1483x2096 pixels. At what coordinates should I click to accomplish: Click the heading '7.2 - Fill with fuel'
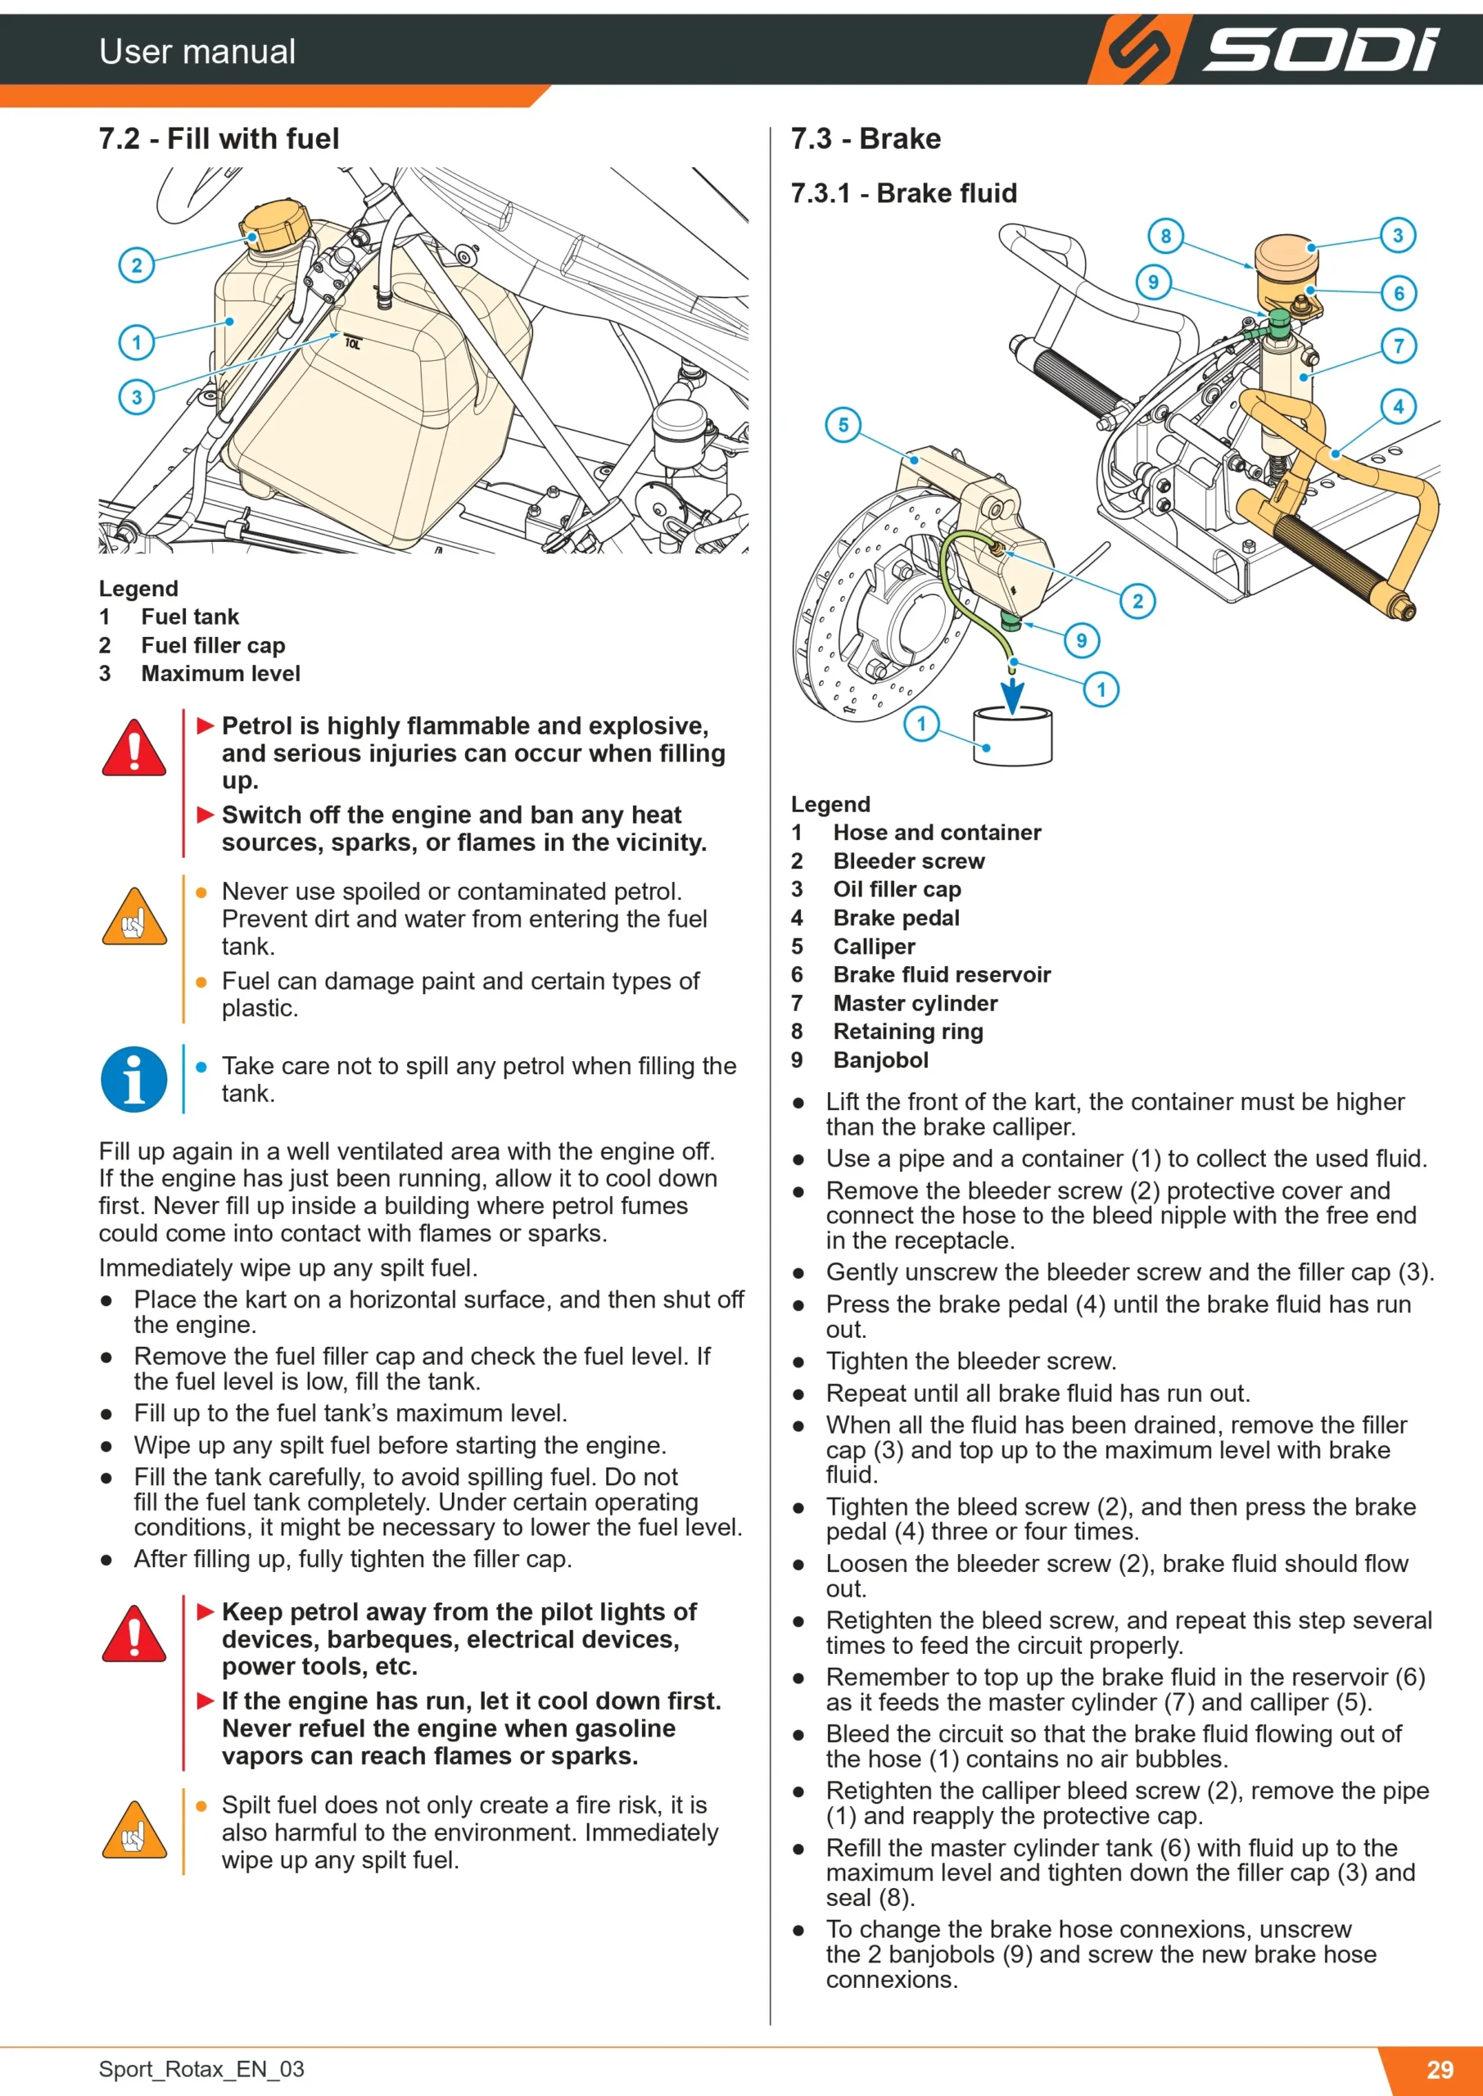[219, 138]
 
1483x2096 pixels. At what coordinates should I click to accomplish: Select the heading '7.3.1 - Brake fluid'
[903, 192]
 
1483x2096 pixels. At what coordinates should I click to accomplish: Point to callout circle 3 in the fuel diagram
[137, 397]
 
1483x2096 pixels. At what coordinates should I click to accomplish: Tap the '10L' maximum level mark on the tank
[352, 343]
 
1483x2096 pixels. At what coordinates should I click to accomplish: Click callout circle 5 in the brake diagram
[843, 424]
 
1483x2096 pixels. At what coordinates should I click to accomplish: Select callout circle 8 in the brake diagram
[1165, 237]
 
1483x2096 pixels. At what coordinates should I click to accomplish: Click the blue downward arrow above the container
[1013, 693]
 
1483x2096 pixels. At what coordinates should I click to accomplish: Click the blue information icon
[134, 1079]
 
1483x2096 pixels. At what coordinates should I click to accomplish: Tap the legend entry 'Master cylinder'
[915, 1003]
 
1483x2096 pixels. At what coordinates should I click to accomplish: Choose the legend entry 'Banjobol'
[880, 1059]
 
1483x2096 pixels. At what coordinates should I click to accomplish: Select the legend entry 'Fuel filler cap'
[213, 645]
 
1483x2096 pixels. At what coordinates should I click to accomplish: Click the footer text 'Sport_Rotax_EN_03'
[201, 2069]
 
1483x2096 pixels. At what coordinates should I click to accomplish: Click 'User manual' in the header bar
[197, 51]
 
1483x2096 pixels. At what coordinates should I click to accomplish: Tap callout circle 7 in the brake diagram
[1398, 346]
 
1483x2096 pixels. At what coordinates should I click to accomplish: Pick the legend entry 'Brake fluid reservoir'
[942, 975]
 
